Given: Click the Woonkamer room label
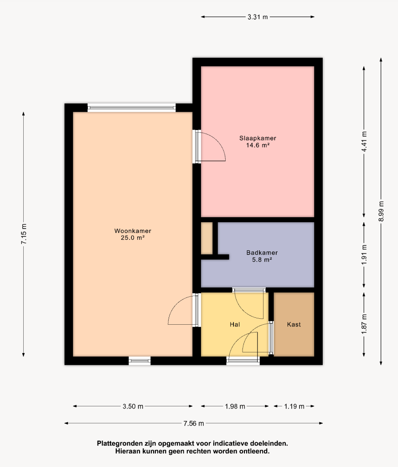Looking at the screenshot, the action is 133,231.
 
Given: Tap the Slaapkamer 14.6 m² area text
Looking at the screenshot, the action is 258,145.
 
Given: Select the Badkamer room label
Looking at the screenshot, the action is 262,253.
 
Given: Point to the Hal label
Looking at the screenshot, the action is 235,324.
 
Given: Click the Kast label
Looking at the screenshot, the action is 294,324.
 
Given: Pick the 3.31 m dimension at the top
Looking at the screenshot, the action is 258,17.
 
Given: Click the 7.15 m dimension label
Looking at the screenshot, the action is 24,234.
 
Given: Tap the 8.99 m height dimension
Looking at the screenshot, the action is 381,211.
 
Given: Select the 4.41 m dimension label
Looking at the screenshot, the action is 364,141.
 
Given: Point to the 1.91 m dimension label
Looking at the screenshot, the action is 364,254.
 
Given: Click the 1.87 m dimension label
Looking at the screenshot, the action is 364,324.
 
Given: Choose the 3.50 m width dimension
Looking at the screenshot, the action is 133,406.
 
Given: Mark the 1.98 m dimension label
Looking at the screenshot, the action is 235,406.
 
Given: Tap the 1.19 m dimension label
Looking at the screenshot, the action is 294,406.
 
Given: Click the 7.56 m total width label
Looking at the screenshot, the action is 193,423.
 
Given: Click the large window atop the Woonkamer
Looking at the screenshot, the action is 132,108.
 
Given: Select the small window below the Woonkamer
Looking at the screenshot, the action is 140,361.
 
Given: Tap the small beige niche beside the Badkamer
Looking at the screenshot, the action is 207,238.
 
